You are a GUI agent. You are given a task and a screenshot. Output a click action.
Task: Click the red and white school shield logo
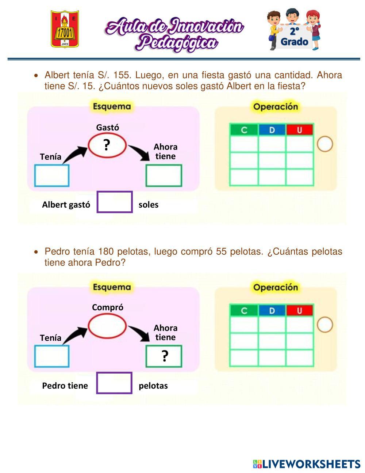(65, 29)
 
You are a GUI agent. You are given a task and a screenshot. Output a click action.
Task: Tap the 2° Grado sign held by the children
(294, 37)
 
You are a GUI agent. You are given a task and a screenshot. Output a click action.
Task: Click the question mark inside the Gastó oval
(107, 145)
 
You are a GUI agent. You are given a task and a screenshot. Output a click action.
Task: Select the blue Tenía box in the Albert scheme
(52, 176)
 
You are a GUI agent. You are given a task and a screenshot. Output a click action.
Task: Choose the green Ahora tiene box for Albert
(164, 176)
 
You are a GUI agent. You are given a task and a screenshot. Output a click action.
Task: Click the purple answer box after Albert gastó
(115, 202)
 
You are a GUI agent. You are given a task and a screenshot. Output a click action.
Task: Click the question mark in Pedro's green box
(165, 356)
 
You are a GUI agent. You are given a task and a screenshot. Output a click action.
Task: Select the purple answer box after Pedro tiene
(114, 383)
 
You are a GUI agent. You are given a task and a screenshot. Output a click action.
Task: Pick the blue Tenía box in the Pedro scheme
(52, 356)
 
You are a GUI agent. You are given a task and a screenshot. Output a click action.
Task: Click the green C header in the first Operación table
(244, 130)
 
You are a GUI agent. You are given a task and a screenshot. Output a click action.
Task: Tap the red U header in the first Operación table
(300, 130)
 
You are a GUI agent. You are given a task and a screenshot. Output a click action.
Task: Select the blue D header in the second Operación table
(272, 311)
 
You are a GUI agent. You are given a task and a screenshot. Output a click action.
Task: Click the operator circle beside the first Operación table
(324, 144)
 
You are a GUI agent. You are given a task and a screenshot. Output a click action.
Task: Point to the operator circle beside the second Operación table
(324, 325)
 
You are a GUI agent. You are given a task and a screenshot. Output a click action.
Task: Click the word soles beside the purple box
(149, 205)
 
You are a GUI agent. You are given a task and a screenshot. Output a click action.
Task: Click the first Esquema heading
(111, 107)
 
